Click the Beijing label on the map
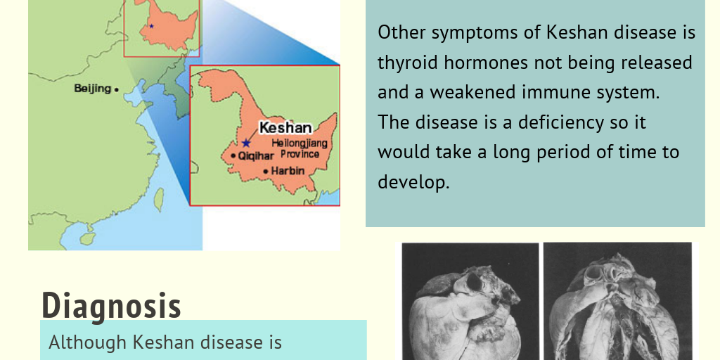(x=92, y=89)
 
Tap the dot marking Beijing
(x=116, y=89)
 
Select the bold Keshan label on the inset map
(x=285, y=128)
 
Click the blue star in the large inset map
(x=245, y=143)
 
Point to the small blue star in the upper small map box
(x=150, y=26)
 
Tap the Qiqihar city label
(x=256, y=156)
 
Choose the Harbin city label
(x=288, y=171)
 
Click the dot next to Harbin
(x=265, y=172)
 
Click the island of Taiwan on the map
(x=159, y=200)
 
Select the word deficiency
(x=560, y=122)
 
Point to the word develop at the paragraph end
(x=413, y=181)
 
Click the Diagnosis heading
(x=111, y=305)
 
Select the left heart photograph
(x=469, y=301)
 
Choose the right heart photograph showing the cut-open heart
(x=617, y=301)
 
